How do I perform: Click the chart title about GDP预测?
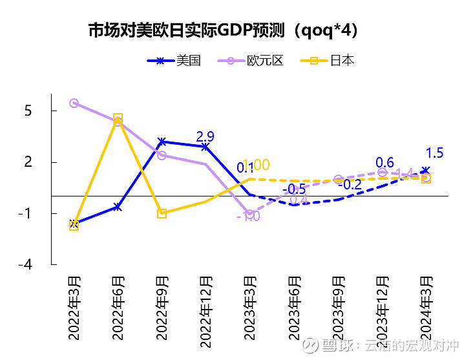tap(223, 31)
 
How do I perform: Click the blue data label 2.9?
tap(205, 136)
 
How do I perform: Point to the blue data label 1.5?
tap(435, 153)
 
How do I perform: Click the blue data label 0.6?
tap(384, 162)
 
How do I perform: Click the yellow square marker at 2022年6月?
tap(118, 119)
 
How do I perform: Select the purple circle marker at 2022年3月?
tap(74, 103)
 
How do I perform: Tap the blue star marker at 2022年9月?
tap(162, 142)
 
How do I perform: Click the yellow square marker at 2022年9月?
tap(162, 213)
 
